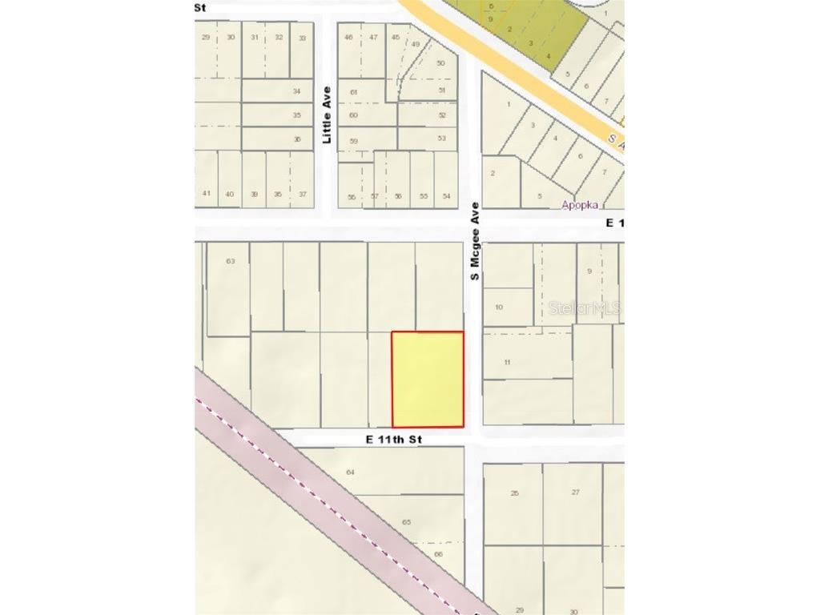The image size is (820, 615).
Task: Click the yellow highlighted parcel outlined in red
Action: click(x=428, y=379)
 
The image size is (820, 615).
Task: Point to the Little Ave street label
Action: click(x=327, y=115)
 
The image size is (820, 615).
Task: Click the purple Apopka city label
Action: click(x=580, y=204)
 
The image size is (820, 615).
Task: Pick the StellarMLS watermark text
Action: click(x=585, y=307)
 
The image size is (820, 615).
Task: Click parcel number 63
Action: click(x=231, y=261)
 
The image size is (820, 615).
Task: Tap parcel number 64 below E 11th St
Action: click(x=350, y=472)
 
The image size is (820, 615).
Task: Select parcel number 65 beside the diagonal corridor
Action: click(x=406, y=522)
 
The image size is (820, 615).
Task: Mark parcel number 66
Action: click(x=438, y=554)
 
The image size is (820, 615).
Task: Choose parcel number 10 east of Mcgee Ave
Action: click(x=499, y=307)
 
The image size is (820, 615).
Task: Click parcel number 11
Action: click(x=507, y=362)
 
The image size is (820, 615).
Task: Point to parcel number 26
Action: click(x=515, y=493)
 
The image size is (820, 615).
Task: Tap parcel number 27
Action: click(x=576, y=492)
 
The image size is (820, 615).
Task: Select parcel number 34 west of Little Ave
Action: click(x=297, y=91)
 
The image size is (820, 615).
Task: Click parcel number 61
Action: click(x=353, y=92)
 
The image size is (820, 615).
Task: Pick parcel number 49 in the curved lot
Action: click(x=416, y=44)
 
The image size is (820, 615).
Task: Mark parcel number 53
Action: click(x=442, y=139)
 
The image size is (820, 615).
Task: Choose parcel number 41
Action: click(x=207, y=194)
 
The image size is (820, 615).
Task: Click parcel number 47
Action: click(x=373, y=38)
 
